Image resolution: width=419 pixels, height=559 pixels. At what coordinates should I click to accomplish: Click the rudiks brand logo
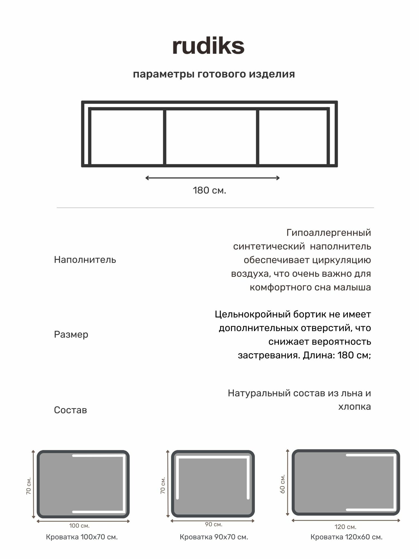pos(208,46)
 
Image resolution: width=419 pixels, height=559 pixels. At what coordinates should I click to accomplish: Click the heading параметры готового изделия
pos(214,74)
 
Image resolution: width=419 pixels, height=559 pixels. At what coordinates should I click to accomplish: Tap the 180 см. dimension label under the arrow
pos(209,190)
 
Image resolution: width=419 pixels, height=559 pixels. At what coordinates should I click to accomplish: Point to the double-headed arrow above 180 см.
pos(212,178)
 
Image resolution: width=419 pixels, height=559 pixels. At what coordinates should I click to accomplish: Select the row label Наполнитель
pos(85,260)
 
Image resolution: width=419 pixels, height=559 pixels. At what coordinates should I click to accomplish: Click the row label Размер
pos(71,334)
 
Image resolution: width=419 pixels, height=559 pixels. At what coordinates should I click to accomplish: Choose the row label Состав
pos(70,410)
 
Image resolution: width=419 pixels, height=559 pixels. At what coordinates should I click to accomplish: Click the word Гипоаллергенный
pos(328,233)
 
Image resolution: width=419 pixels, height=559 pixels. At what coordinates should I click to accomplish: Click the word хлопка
pos(354,407)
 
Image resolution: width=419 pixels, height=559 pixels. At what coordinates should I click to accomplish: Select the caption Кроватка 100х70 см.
pos(82,537)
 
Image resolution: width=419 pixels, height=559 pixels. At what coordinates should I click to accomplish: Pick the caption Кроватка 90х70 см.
pos(214,537)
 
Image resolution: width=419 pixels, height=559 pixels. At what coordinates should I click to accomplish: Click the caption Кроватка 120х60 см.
pos(346,537)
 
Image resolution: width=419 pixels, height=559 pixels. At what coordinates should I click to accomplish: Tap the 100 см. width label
pos(79,526)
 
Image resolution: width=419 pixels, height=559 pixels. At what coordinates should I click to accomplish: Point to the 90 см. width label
pos(214,524)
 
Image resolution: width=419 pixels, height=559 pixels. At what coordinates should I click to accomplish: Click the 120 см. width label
pos(346,527)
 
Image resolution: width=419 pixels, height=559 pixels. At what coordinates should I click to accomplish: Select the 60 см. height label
pos(282,484)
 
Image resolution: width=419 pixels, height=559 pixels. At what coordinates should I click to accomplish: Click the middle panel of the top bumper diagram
pos(211,137)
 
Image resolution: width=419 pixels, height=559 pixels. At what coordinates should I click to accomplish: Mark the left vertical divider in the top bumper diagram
pos(165,137)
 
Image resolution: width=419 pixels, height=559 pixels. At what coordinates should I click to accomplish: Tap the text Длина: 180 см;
pos(337,355)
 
